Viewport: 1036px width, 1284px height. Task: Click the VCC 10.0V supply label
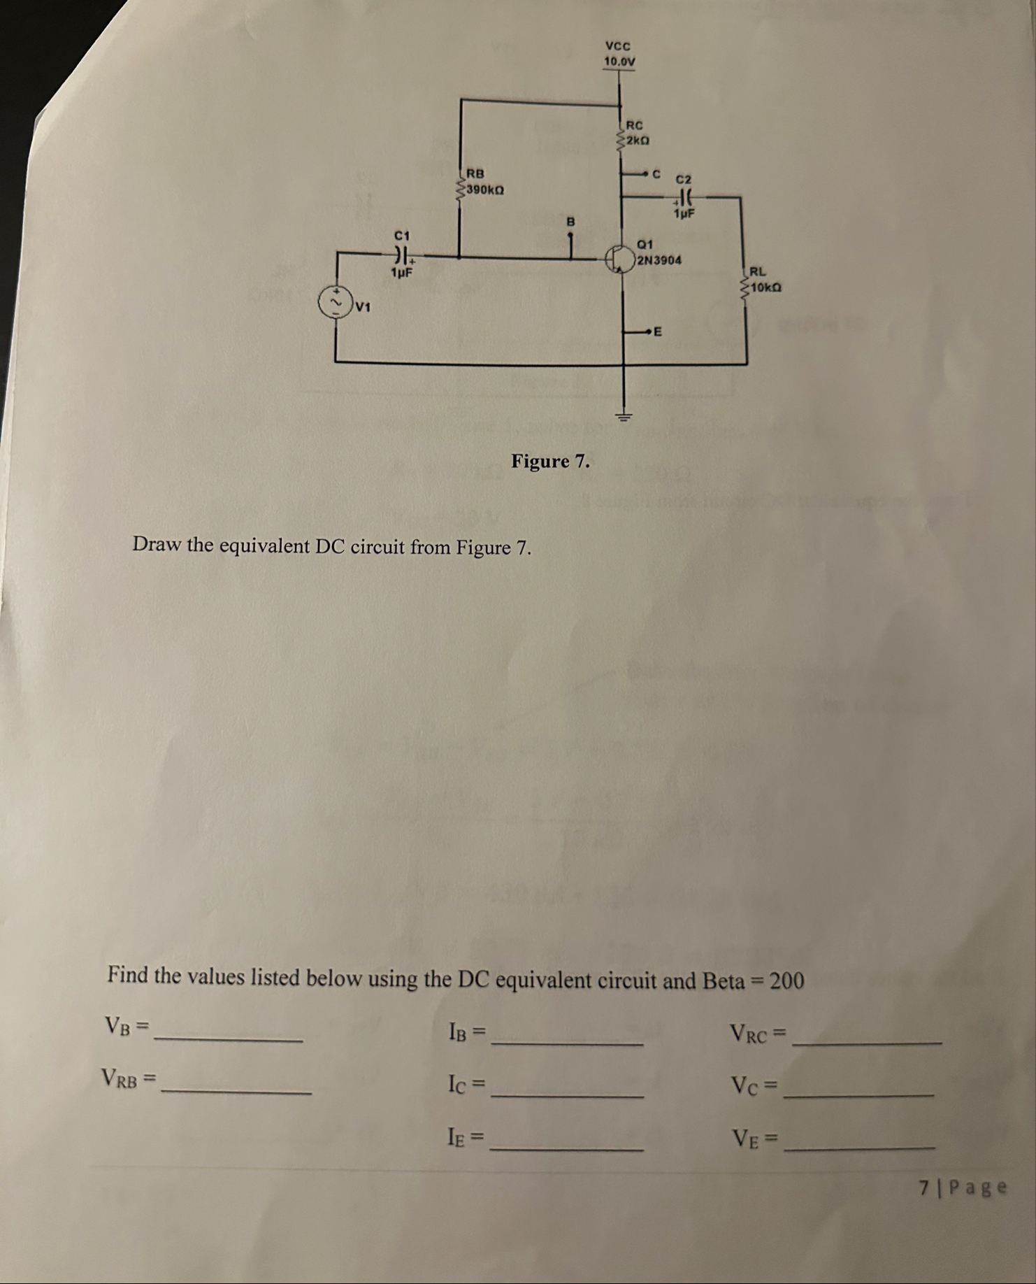619,54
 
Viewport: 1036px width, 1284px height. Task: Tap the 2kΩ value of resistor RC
638,141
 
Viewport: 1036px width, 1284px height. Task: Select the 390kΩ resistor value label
486,190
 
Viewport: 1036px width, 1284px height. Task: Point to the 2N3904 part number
659,260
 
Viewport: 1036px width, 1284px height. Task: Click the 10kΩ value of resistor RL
765,287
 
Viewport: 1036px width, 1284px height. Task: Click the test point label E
658,331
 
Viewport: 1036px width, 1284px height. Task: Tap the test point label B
570,221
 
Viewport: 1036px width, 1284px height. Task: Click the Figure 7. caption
550,461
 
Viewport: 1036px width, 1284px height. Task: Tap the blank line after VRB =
236,1092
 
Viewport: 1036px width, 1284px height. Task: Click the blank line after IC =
568,1095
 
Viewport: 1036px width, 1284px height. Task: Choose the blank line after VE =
860,1147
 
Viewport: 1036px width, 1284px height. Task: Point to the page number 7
924,1187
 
